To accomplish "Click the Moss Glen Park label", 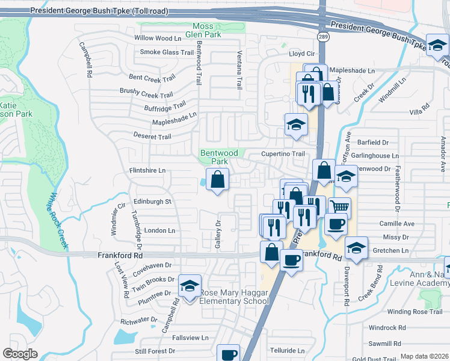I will (207, 30).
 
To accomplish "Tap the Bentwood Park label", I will (214, 158).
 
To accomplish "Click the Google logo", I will (20, 354).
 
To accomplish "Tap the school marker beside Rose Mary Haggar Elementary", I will (190, 287).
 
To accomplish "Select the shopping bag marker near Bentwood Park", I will (217, 179).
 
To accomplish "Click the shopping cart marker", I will (340, 208).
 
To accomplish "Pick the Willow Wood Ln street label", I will (158, 38).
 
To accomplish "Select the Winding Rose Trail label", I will (415, 311).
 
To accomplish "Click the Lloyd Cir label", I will (303, 54).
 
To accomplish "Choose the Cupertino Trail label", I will (283, 154).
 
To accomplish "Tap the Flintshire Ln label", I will (147, 170).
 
